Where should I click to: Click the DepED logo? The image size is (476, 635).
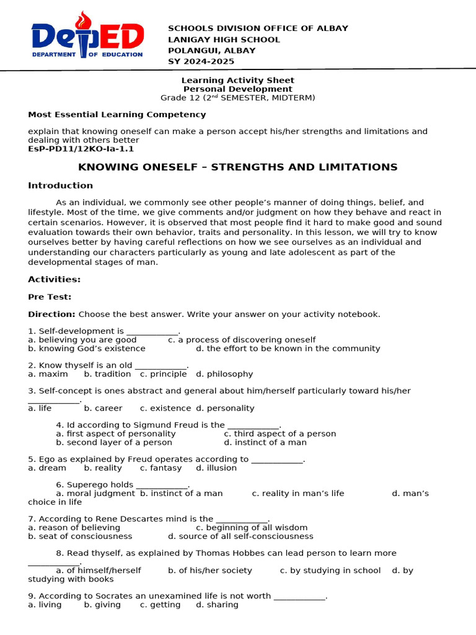87,37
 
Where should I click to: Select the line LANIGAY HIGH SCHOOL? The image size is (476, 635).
224,40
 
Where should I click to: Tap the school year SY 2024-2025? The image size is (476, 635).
201,61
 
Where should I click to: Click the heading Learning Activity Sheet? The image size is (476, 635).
237,81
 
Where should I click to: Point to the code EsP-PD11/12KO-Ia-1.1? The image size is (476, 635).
81,149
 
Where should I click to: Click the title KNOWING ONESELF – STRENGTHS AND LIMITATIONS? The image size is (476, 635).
237,167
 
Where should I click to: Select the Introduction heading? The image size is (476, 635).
60,185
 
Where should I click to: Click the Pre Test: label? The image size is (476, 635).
50,297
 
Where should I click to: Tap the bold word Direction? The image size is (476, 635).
51,314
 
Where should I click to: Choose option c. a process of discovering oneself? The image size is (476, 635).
242,340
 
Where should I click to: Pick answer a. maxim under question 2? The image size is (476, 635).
48,374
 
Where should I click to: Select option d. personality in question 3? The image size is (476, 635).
225,408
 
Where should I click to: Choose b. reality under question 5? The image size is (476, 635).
103,468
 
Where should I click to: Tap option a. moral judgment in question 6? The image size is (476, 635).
95,494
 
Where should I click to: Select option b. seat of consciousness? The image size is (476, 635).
80,536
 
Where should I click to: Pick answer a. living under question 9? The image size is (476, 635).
45,605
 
